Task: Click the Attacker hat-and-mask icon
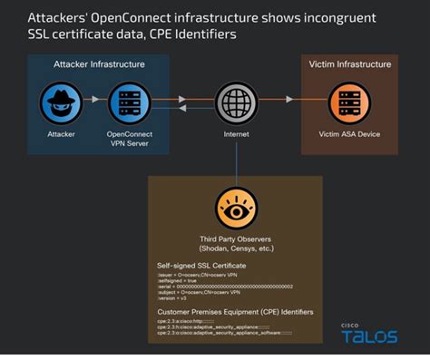[62, 101]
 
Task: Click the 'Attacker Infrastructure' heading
[98, 64]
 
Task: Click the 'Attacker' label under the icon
[62, 133]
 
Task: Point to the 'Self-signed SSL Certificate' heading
[200, 265]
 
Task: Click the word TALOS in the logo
[369, 337]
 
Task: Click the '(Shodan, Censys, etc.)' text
[235, 248]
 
